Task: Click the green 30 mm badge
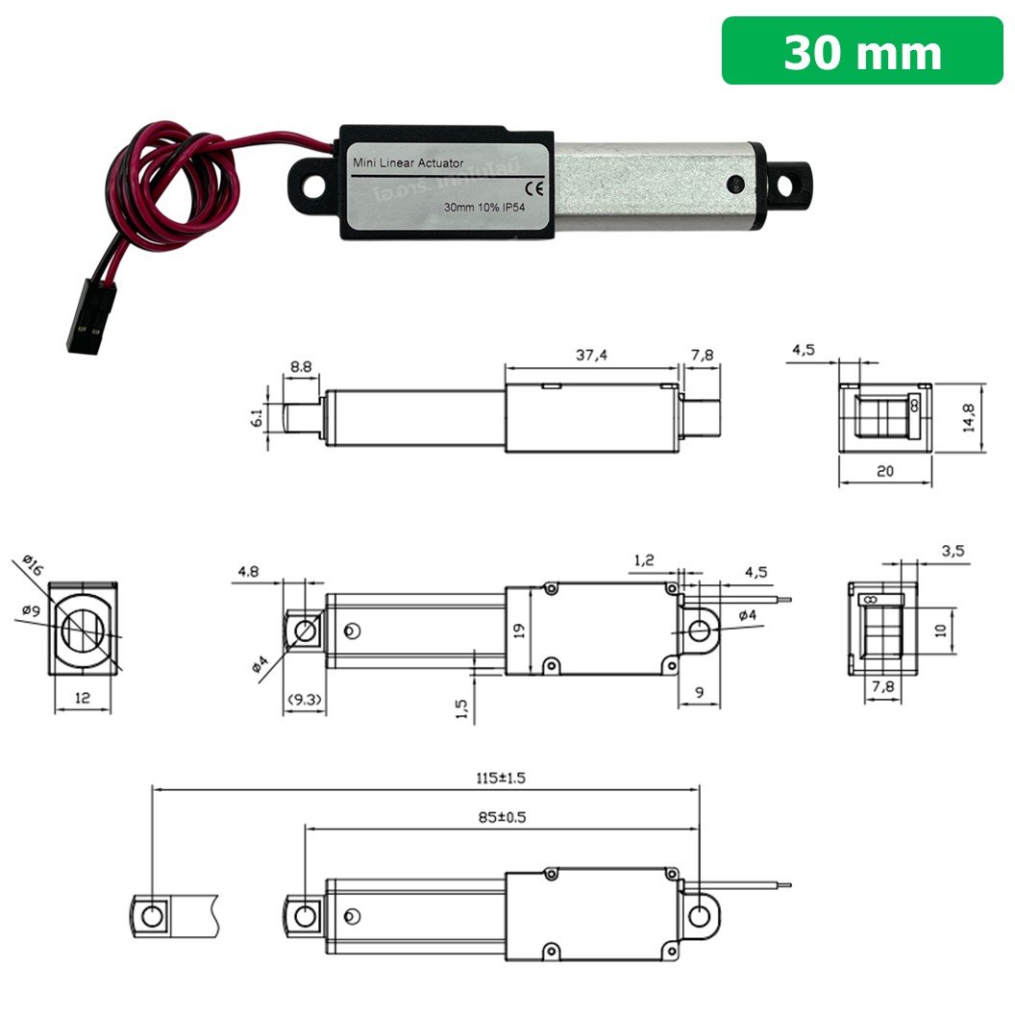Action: pyautogui.click(x=862, y=51)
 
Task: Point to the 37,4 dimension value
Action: pyautogui.click(x=591, y=356)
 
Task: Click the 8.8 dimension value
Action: pyautogui.click(x=301, y=366)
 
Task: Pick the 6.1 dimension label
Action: pyautogui.click(x=257, y=420)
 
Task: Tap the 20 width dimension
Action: pyautogui.click(x=885, y=471)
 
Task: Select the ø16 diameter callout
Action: pyautogui.click(x=31, y=567)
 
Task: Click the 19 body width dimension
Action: pyautogui.click(x=519, y=631)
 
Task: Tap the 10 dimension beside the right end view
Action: pyautogui.click(x=942, y=630)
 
